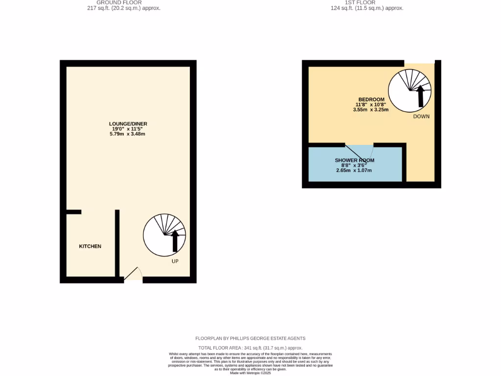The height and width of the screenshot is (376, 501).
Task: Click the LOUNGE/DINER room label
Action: point(128,124)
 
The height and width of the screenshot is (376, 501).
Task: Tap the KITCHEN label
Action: point(90,246)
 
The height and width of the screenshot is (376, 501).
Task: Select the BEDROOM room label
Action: point(371,99)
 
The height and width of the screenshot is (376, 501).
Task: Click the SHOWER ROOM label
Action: point(354,160)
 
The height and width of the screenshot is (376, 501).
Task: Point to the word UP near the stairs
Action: point(175,261)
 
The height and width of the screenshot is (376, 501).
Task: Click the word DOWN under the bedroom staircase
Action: point(421,117)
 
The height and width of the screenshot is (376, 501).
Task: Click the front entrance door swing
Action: point(133,274)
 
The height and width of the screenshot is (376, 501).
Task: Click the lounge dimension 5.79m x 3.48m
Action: point(128,134)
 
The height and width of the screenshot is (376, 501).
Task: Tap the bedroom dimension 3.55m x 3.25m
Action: point(371,110)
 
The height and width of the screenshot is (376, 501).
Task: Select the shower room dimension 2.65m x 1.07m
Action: point(354,170)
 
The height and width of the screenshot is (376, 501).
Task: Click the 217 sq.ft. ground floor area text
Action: point(123,8)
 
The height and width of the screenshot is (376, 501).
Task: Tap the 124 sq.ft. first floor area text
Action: point(366,8)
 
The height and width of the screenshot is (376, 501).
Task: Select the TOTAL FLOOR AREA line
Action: point(250,348)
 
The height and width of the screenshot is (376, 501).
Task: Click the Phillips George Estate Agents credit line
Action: point(250,338)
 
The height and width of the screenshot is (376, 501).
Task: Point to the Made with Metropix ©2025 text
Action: point(250,373)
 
